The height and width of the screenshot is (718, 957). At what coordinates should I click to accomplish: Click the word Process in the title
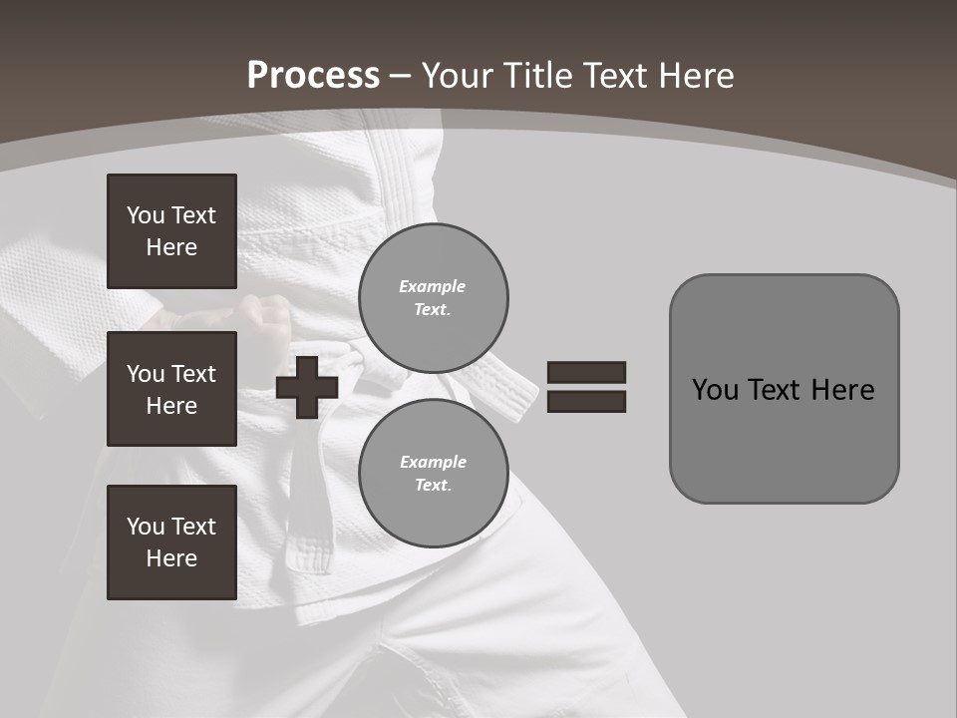(313, 76)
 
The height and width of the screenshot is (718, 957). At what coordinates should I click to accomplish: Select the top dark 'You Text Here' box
(171, 231)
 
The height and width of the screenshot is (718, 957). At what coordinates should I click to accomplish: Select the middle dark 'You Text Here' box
(171, 389)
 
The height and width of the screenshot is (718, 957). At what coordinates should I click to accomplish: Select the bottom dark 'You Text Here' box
(171, 542)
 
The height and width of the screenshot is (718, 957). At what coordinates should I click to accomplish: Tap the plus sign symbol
(307, 387)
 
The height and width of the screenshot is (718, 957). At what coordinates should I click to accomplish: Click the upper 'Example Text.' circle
(434, 298)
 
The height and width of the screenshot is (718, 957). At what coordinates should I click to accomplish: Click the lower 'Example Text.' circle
(434, 474)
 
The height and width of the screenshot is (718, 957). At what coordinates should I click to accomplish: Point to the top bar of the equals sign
(586, 372)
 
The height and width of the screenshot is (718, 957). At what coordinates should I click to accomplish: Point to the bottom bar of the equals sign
(586, 402)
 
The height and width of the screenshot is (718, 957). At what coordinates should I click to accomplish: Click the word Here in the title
(694, 76)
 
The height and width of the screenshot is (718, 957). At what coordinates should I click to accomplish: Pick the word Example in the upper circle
(432, 286)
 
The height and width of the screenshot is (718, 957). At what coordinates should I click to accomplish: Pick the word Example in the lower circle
(433, 462)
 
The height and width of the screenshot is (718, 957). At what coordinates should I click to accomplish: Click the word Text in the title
(614, 76)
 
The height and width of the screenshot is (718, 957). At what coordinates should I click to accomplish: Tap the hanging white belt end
(512, 394)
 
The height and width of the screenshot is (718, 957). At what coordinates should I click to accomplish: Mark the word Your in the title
(456, 76)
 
